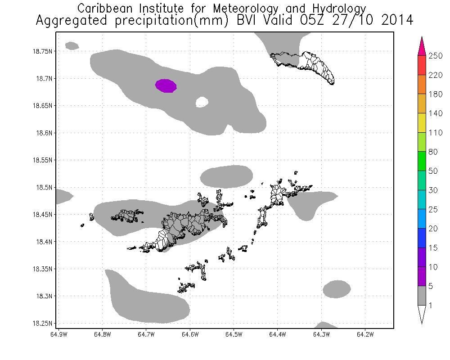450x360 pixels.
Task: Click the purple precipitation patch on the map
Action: click(166, 85)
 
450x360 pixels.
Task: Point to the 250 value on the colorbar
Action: click(436, 56)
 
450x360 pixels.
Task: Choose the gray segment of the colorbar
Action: click(422, 296)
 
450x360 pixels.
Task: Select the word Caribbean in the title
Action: click(106, 8)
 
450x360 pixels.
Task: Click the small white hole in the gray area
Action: click(202, 103)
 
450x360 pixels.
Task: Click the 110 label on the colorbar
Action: click(436, 133)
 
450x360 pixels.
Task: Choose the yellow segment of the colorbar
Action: click(422, 123)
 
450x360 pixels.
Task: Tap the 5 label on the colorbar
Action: click(432, 286)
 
